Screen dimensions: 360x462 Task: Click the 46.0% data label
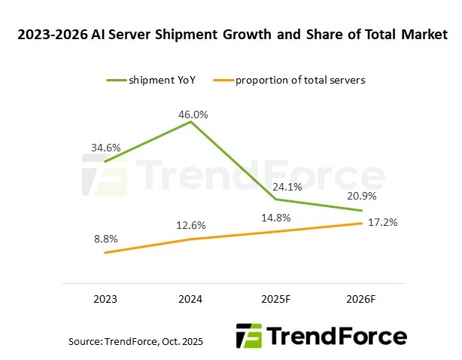[193, 114]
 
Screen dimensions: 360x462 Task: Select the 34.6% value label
[106, 148]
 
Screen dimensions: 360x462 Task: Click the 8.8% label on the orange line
[106, 239]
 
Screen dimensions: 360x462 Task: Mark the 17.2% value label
[383, 223]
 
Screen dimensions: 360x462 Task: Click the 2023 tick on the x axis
[105, 299]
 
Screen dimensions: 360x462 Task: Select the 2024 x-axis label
[192, 299]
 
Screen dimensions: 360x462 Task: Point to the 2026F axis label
[362, 299]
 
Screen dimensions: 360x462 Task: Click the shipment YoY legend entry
[155, 81]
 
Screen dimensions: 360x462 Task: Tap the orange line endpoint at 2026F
[362, 223]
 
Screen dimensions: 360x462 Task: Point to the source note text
[135, 342]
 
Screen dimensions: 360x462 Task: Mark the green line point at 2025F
[277, 200]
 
